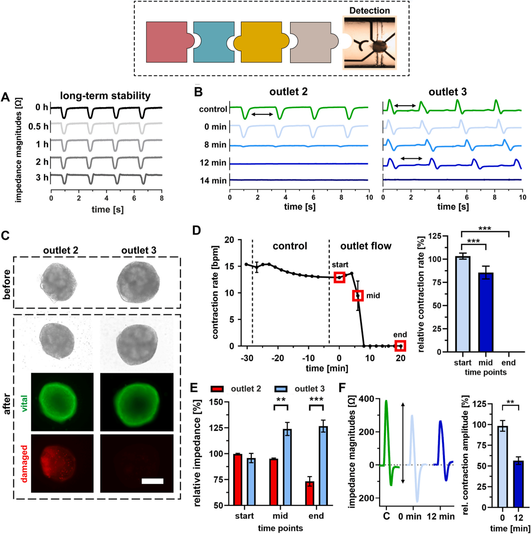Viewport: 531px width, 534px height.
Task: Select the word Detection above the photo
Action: pyautogui.click(x=367, y=10)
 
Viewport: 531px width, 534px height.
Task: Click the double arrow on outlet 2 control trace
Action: pyautogui.click(x=262, y=114)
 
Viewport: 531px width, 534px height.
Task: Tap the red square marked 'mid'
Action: pyautogui.click(x=357, y=295)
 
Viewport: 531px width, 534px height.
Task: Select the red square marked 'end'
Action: pyautogui.click(x=400, y=346)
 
